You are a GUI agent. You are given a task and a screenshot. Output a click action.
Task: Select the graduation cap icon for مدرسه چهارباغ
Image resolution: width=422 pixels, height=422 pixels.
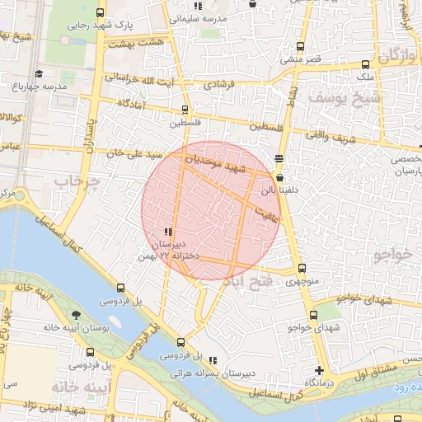click(x=19, y=85)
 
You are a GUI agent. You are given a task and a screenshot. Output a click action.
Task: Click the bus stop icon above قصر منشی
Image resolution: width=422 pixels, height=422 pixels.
click(x=300, y=47)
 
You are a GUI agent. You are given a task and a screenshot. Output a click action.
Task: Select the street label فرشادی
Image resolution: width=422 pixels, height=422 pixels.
click(x=219, y=84)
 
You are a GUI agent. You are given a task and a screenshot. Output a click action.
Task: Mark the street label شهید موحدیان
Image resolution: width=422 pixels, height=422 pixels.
click(x=215, y=162)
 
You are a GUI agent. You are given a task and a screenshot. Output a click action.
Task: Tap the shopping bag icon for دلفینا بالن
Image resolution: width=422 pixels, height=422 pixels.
click(x=280, y=177)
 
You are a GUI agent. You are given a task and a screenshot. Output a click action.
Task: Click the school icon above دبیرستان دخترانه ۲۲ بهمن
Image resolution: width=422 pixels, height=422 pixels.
click(x=168, y=233)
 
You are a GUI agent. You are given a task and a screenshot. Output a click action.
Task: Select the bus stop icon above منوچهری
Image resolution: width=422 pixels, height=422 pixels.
click(x=301, y=268)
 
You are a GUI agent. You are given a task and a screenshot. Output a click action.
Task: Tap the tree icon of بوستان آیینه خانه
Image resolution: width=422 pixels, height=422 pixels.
click(x=77, y=316)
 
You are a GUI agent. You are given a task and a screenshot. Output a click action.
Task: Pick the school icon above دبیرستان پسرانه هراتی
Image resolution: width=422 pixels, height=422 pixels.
click(x=213, y=360)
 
